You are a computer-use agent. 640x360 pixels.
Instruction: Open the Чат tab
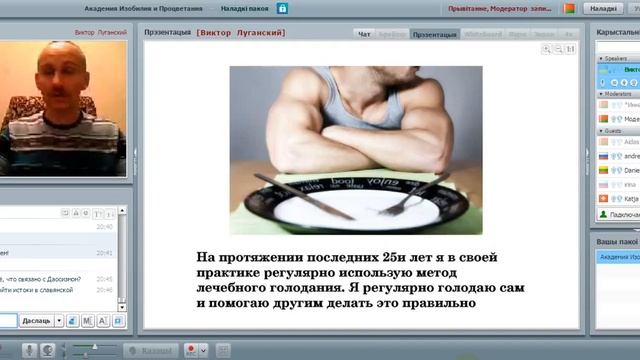[x=365, y=34]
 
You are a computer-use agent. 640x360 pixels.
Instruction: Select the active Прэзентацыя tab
[x=435, y=34]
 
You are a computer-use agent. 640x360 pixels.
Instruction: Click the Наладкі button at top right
[x=603, y=8]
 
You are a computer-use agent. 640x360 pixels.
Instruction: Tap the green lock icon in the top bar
[x=283, y=8]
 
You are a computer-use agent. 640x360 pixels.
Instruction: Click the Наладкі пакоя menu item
[x=245, y=8]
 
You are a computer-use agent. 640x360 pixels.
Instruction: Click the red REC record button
[x=191, y=350]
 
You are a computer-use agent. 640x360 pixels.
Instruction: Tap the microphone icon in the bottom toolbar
[x=30, y=350]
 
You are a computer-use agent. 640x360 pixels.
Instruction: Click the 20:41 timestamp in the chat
[x=104, y=253]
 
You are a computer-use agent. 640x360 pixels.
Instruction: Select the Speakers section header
[x=616, y=59]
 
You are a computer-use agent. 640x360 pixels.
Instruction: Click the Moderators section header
[x=618, y=93]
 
